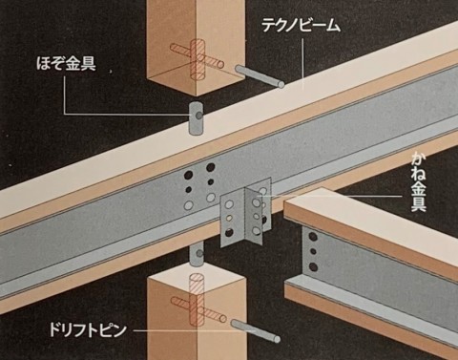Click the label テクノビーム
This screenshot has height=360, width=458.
(x=301, y=25)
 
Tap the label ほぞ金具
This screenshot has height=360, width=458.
(x=66, y=64)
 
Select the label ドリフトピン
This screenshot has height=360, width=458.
(x=88, y=330)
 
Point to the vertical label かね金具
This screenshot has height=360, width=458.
(x=418, y=181)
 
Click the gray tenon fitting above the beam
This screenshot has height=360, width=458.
(x=197, y=117)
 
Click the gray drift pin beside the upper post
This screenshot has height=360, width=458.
(x=260, y=76)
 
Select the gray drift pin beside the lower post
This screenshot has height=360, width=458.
(x=256, y=331)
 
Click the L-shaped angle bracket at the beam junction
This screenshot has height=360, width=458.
(x=246, y=217)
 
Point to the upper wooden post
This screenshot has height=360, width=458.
(x=196, y=48)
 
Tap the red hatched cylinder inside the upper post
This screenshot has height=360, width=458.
(x=198, y=60)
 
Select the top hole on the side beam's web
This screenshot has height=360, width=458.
(x=313, y=237)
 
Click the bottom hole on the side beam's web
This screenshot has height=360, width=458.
(x=313, y=266)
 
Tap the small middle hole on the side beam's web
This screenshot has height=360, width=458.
(x=313, y=252)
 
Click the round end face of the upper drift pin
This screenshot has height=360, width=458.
(x=281, y=85)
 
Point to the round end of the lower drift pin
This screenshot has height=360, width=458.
(x=277, y=339)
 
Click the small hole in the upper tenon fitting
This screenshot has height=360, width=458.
(x=198, y=116)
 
